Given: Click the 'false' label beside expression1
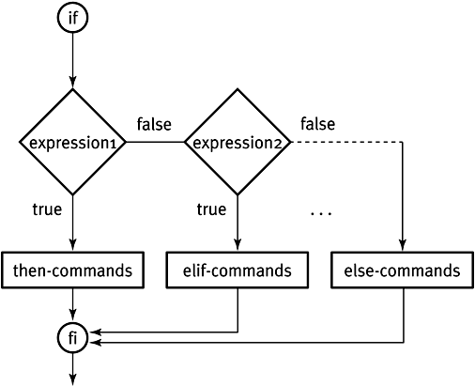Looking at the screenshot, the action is point(154,124).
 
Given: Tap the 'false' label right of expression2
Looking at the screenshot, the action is point(318,124).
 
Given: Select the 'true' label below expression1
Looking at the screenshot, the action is point(47,209).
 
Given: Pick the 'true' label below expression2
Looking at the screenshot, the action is point(211,209).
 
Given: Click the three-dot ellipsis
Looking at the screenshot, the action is point(321,213).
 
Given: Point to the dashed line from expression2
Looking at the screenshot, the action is point(346,142).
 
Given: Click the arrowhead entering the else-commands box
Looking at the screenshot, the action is point(403,245).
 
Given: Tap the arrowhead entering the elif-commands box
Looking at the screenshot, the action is point(237,245).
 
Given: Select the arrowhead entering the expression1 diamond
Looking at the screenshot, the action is point(72,83).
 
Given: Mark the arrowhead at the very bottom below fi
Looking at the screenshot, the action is point(72,379).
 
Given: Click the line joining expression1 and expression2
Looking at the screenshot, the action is point(155,142).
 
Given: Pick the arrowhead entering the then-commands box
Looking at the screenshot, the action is point(72,245).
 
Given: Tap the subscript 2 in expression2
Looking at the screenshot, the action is point(278,145).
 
